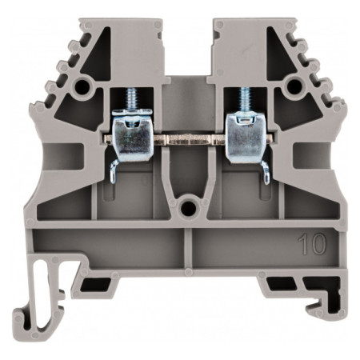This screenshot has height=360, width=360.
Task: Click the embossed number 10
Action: point(312,244)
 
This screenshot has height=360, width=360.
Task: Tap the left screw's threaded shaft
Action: point(130,98)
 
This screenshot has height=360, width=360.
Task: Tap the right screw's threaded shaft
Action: point(246,98)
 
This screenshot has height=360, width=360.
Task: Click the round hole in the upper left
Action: point(82,86)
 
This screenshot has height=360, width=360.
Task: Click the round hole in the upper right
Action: point(294,86)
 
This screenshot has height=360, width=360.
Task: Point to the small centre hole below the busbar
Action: point(188,208)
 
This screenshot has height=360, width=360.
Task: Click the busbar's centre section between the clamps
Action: point(189,139)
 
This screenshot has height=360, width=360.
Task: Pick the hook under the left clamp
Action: point(114,170)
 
